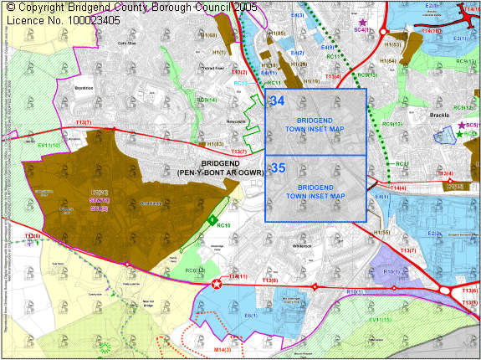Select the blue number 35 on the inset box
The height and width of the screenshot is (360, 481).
(278, 168)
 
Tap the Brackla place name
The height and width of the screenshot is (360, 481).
(440, 116)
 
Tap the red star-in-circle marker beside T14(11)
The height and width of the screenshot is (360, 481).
(218, 284)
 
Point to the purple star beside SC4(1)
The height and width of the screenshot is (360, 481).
(361, 22)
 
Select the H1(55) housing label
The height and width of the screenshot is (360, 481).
(382, 231)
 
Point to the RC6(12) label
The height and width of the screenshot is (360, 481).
(194, 270)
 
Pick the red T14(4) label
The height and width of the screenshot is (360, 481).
(397, 188)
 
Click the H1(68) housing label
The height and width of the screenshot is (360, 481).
(206, 35)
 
